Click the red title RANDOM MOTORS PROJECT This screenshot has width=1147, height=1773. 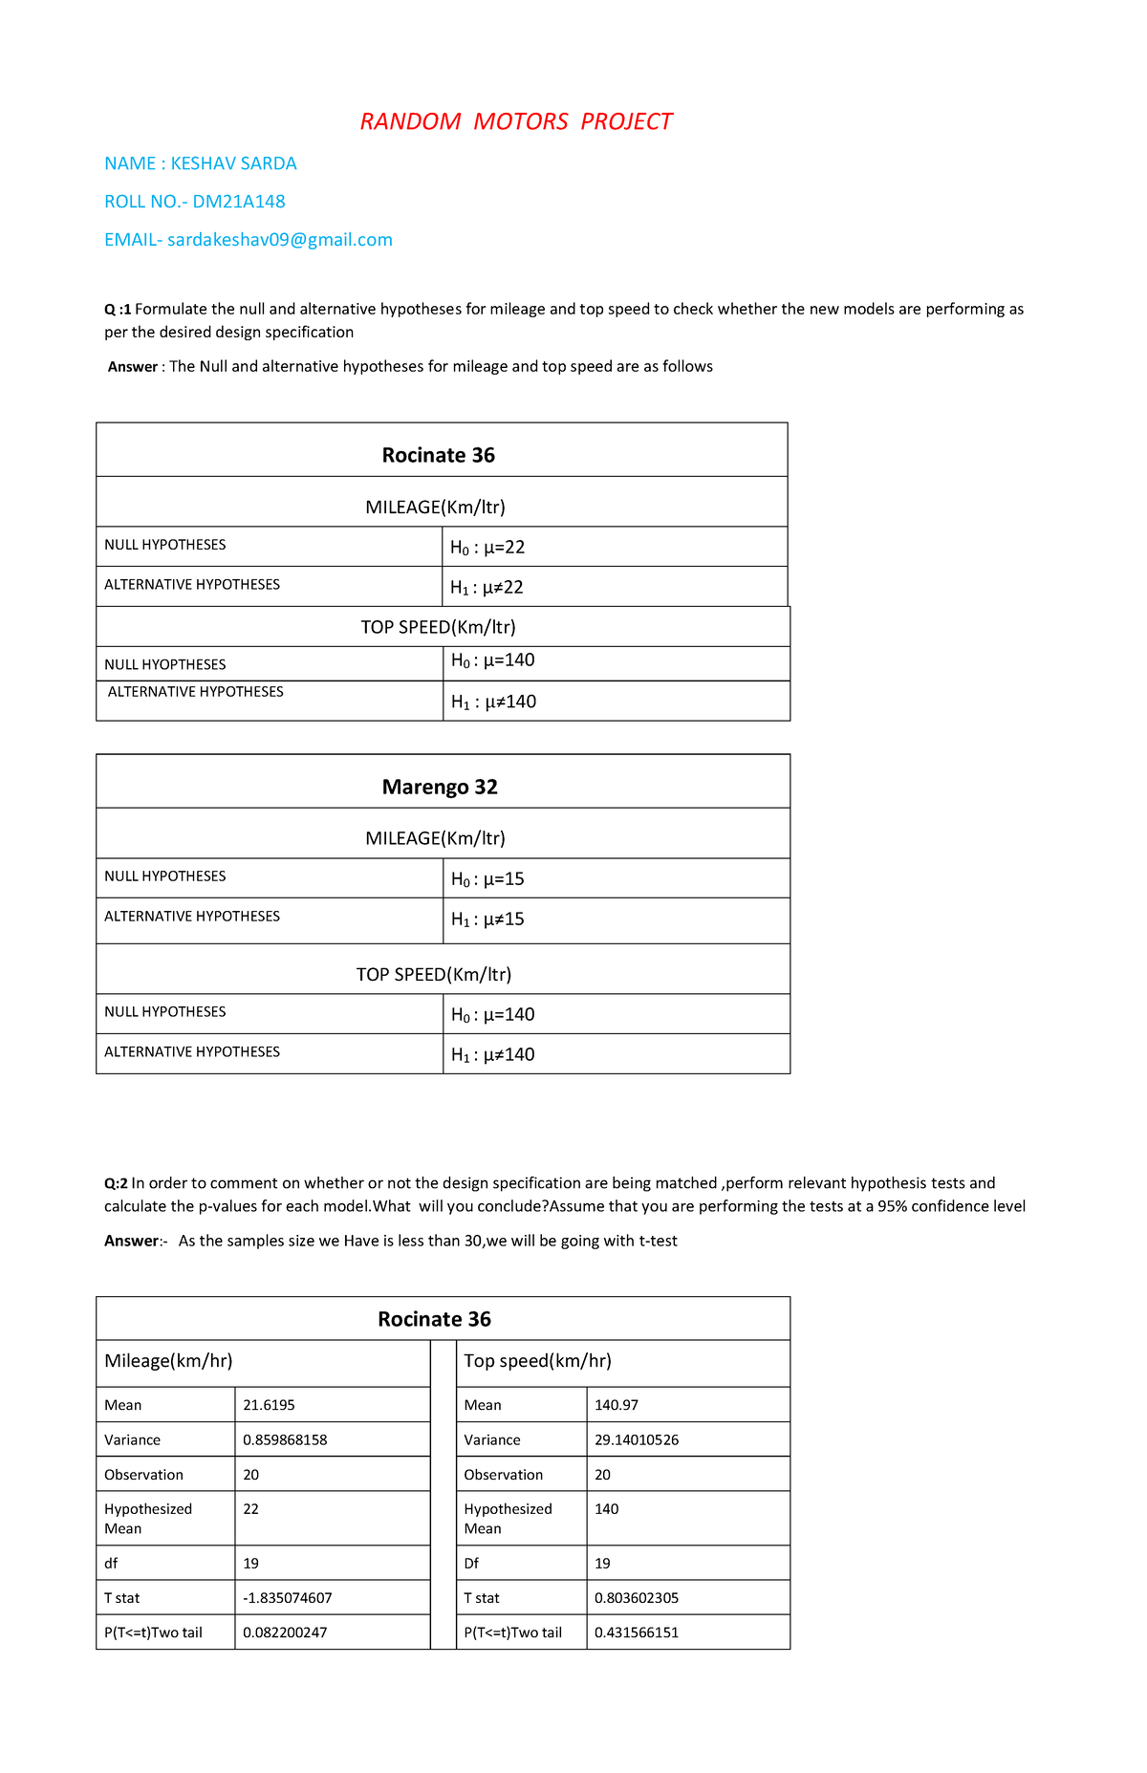(x=516, y=121)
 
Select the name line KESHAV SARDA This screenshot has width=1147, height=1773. (x=201, y=163)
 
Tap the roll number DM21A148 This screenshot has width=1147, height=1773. (x=239, y=202)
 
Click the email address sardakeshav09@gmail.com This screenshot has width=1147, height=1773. (x=279, y=240)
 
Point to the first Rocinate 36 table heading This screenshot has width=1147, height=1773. (x=439, y=455)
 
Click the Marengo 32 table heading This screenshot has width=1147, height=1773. (x=440, y=787)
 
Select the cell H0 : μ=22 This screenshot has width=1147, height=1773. (x=487, y=548)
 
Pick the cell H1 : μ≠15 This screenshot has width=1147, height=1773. (x=487, y=919)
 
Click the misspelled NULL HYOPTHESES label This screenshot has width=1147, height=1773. (x=165, y=664)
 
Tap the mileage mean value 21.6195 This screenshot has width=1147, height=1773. (x=269, y=1405)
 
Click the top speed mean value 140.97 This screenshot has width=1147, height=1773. (x=617, y=1405)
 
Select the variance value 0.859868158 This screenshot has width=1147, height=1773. (x=285, y=1439)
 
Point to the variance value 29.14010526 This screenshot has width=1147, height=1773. (x=637, y=1439)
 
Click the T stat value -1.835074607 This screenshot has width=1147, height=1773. (x=288, y=1597)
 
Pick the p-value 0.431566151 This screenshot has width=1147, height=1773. (x=637, y=1632)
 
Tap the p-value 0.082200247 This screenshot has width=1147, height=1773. (x=285, y=1632)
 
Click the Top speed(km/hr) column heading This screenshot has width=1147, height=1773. (x=537, y=1361)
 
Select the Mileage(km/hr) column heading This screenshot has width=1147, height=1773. (x=168, y=1361)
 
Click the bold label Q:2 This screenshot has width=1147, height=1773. (x=116, y=1183)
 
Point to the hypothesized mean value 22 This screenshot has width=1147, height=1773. (x=250, y=1509)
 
